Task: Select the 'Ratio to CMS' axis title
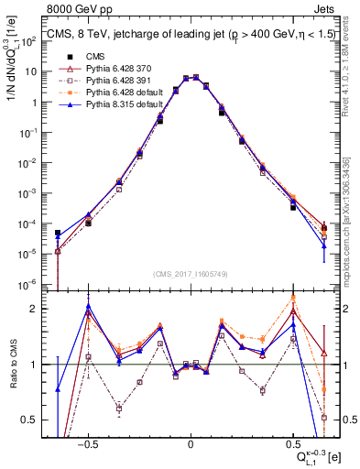pos(16,365)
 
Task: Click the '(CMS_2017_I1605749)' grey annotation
pos(190,275)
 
